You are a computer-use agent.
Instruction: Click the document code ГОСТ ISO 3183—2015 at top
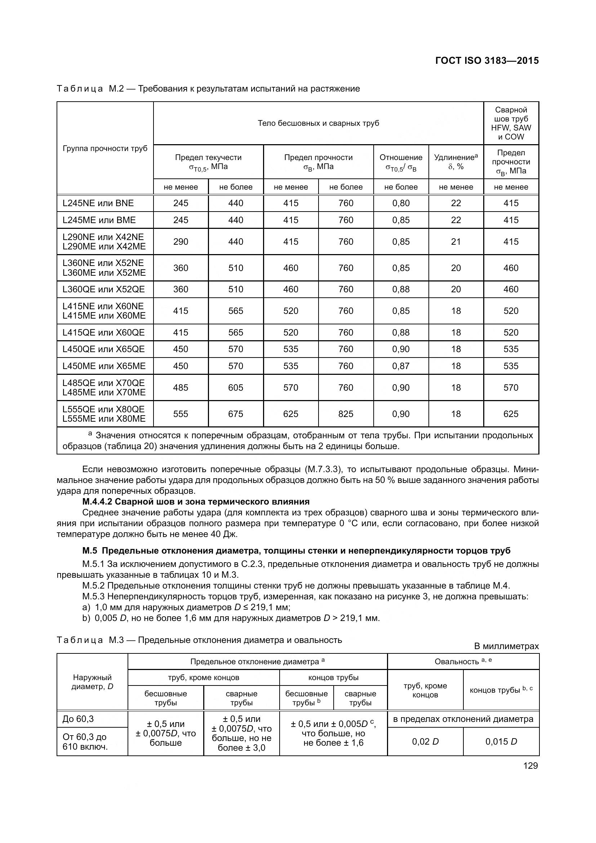[x=486, y=61]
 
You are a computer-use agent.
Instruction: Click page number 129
[x=530, y=766]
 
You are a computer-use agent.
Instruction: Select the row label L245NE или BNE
[x=98, y=203]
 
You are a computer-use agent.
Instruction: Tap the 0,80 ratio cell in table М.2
[x=401, y=203]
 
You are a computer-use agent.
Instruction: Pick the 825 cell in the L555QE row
[x=346, y=414]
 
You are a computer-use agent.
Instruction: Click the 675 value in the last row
[x=236, y=414]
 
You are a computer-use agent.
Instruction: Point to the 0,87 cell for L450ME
[x=401, y=366]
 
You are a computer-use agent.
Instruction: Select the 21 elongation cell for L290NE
[x=456, y=241]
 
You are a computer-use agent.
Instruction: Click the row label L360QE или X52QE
[x=103, y=289]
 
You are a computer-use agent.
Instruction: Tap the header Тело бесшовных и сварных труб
[x=318, y=123]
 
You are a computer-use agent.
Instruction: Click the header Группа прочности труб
[x=105, y=148]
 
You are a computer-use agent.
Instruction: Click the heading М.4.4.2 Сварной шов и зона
[x=196, y=502]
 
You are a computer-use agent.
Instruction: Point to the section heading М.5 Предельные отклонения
[x=296, y=551]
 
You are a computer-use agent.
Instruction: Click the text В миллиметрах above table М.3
[x=506, y=646]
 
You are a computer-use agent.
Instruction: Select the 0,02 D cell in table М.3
[x=425, y=741]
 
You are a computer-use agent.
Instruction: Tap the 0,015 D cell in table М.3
[x=501, y=741]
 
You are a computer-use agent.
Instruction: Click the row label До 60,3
[x=78, y=719]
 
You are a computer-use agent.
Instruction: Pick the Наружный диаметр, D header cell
[x=92, y=682]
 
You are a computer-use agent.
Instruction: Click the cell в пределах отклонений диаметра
[x=463, y=719]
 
